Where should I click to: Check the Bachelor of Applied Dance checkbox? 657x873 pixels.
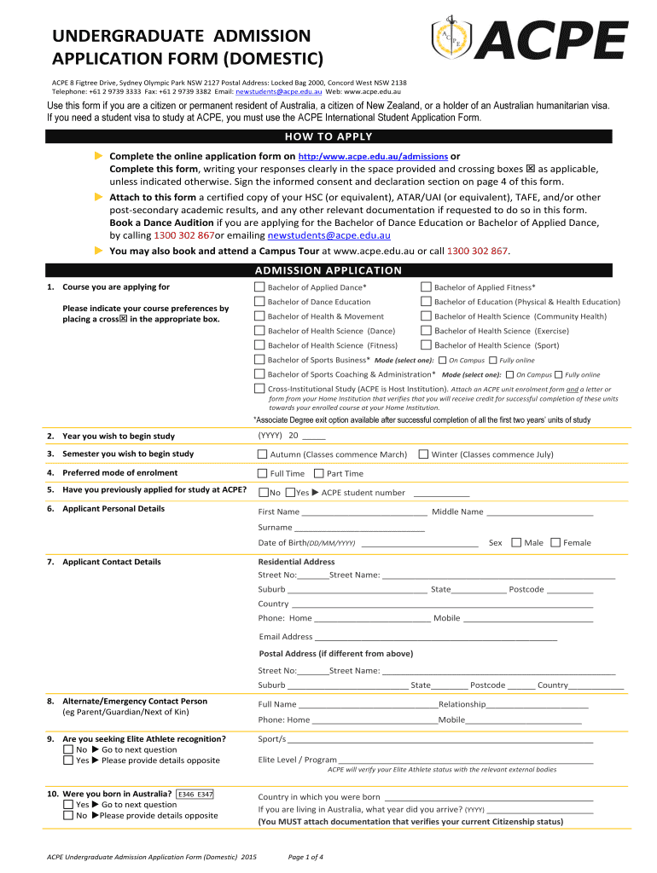tap(259, 287)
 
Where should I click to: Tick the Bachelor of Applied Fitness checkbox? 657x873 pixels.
tap(425, 287)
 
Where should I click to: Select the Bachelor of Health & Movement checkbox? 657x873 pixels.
tap(259, 316)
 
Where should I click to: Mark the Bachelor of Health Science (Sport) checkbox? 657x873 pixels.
tap(425, 345)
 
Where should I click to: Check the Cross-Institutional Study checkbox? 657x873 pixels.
tap(259, 389)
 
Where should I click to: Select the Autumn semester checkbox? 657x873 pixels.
tap(262, 454)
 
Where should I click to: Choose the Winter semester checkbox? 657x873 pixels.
tap(423, 454)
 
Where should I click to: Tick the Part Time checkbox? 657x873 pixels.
tap(318, 473)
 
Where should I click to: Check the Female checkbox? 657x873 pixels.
tap(555, 542)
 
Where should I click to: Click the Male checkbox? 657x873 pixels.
tap(515, 542)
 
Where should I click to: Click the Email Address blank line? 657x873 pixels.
tap(435, 637)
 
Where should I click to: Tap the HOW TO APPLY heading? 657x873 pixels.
tap(328, 136)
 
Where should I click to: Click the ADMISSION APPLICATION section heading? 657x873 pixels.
tap(328, 270)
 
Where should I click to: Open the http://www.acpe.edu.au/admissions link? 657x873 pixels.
tap(373, 157)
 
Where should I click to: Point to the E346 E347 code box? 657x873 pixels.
tap(195, 794)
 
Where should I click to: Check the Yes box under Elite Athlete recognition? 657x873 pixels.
tap(68, 760)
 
